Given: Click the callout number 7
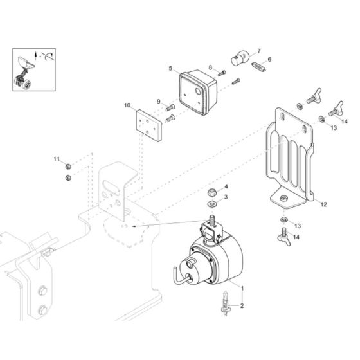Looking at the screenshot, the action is (259, 51).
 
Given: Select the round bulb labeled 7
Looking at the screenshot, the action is (240, 58).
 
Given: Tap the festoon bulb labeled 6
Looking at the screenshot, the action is (258, 67).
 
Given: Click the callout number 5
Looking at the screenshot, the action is (170, 68).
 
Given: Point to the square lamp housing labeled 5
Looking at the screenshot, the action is (198, 93).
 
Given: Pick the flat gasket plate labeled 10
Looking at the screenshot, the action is (149, 125).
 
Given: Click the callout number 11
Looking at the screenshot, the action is (57, 159).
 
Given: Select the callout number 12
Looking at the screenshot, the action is (324, 204).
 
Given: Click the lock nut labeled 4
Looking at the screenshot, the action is (211, 192).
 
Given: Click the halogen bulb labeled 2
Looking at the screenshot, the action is (226, 303).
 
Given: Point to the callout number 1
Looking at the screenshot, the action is (242, 287).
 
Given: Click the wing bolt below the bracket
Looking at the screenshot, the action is (284, 237).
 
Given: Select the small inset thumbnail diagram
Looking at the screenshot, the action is (34, 69).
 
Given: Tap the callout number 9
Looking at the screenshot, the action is (159, 102).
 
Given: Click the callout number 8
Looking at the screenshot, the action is (211, 67).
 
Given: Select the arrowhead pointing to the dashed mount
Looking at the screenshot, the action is (135, 226).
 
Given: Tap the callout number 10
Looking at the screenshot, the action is (127, 105).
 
